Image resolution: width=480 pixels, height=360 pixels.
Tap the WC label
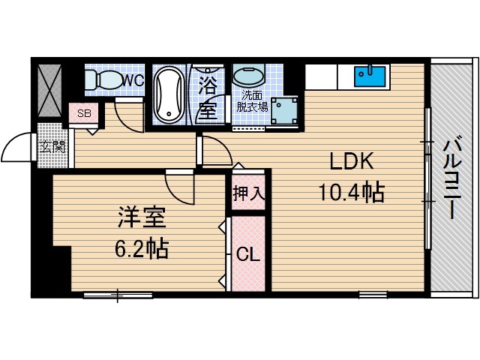(133, 79)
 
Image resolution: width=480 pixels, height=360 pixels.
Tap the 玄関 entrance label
(52, 146)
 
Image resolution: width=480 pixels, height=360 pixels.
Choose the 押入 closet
(248, 193)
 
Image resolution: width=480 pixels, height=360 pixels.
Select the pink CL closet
(248, 253)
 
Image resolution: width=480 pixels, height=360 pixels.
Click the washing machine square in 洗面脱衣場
(285, 112)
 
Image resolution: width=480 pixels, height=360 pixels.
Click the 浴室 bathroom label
(208, 97)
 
